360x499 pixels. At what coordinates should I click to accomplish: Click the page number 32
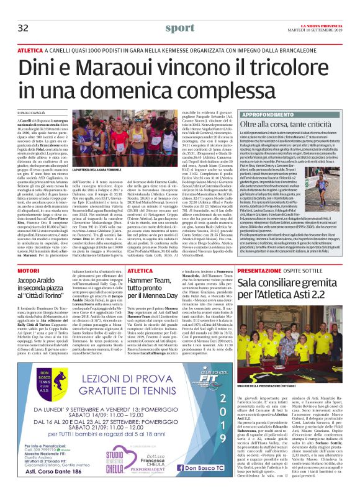(23, 28)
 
